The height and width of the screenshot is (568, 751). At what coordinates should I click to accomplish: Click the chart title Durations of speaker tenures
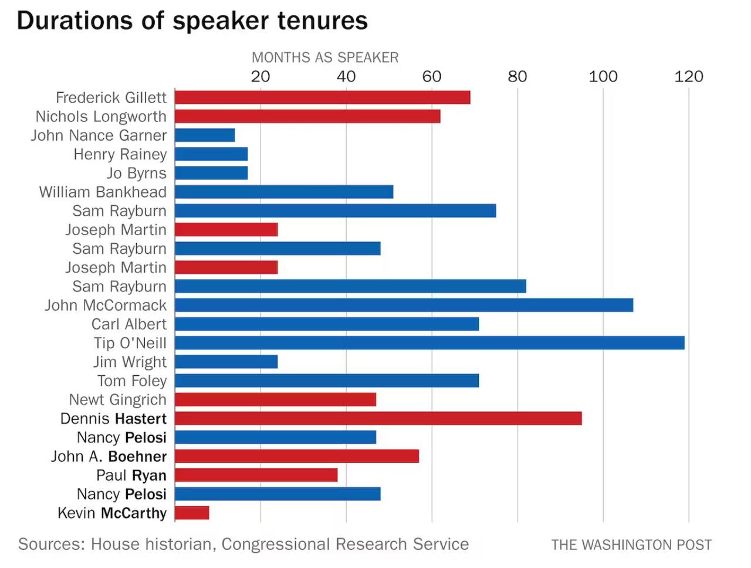pyautogui.click(x=192, y=21)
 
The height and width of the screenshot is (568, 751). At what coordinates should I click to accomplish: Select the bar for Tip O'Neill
pyautogui.click(x=429, y=343)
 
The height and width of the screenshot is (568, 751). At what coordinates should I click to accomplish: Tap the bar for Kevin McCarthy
pyautogui.click(x=192, y=513)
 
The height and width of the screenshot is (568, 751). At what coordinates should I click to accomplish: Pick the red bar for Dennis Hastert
pyautogui.click(x=378, y=419)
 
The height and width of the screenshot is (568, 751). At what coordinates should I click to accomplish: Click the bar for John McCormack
pyautogui.click(x=404, y=305)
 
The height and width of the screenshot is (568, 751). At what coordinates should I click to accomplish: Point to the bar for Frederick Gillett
pyautogui.click(x=322, y=97)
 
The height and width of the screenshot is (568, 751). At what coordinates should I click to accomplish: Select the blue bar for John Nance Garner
pyautogui.click(x=205, y=135)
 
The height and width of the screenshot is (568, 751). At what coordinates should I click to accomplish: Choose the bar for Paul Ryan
pyautogui.click(x=256, y=475)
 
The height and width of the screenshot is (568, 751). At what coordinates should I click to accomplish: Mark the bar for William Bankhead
pyautogui.click(x=284, y=192)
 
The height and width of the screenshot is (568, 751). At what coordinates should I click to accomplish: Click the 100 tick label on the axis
pyautogui.click(x=603, y=77)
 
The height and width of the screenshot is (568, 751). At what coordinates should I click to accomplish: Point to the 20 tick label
pyautogui.click(x=260, y=77)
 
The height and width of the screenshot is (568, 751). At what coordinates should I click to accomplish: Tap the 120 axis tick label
pyautogui.click(x=688, y=77)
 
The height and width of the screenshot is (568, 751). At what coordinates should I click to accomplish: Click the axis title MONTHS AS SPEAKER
pyautogui.click(x=325, y=57)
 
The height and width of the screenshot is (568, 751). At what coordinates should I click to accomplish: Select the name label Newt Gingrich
pyautogui.click(x=117, y=400)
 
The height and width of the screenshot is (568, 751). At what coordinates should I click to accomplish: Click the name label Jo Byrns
pyautogui.click(x=136, y=174)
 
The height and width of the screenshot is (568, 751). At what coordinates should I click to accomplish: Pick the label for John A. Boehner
pyautogui.click(x=109, y=457)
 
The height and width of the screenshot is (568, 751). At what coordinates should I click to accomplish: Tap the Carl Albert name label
pyautogui.click(x=128, y=324)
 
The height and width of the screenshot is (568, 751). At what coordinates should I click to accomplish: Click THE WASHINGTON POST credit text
pyautogui.click(x=631, y=545)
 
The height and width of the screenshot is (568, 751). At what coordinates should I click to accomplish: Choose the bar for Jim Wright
pyautogui.click(x=226, y=362)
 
